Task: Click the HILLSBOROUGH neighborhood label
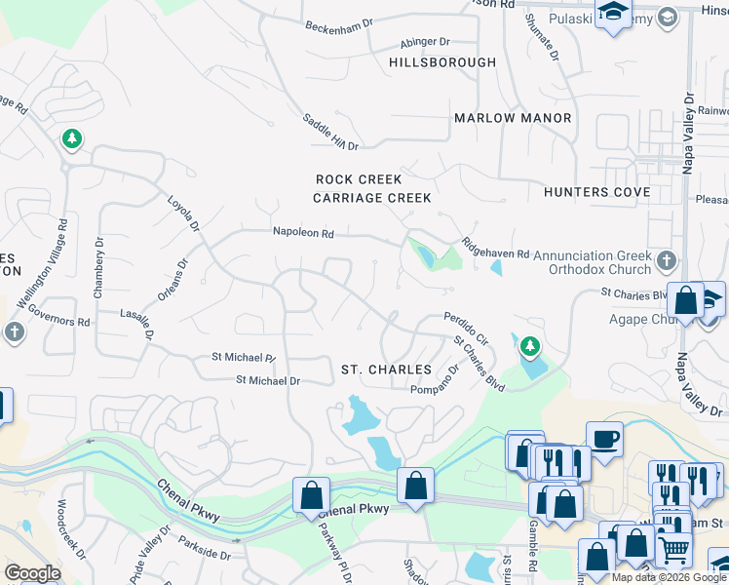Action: pyautogui.click(x=441, y=62)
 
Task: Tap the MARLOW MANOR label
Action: pyautogui.click(x=513, y=118)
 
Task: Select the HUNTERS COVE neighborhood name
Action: pyautogui.click(x=597, y=192)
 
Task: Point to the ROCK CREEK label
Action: pyautogui.click(x=359, y=180)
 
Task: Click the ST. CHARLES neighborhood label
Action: pyautogui.click(x=386, y=370)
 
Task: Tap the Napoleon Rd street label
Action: pyautogui.click(x=303, y=234)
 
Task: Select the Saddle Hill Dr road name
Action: pyautogui.click(x=331, y=132)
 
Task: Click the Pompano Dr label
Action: pyautogui.click(x=440, y=380)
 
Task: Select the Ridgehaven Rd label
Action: pyautogui.click(x=495, y=248)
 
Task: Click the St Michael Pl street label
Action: pyautogui.click(x=244, y=358)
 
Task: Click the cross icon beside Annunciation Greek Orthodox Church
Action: pyautogui.click(x=666, y=260)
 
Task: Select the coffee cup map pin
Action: pyautogui.click(x=604, y=438)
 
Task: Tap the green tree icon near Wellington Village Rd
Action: pyautogui.click(x=71, y=139)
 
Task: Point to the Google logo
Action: pyautogui.click(x=32, y=573)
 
